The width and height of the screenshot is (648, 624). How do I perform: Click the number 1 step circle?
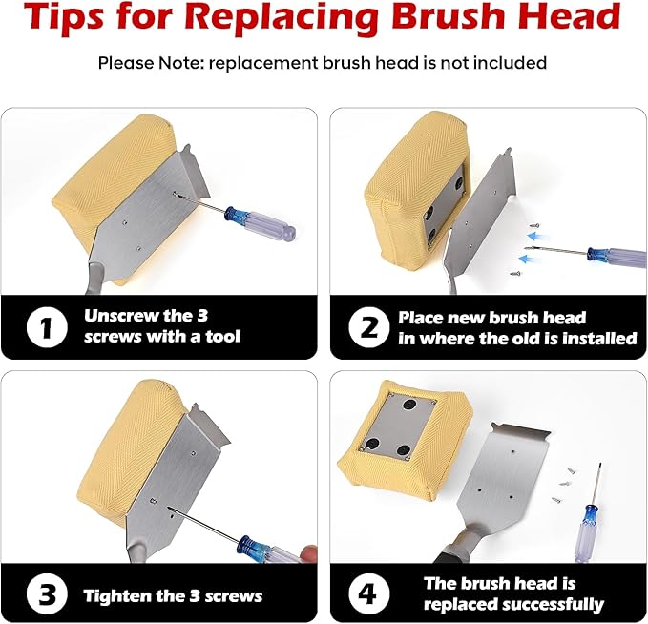[x=47, y=327]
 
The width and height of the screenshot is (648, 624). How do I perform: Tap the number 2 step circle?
[x=368, y=327]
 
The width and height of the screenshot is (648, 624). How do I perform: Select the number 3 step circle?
[x=47, y=593]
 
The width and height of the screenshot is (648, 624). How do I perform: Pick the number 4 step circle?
[x=368, y=593]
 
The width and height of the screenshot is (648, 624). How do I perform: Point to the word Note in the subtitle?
[x=179, y=63]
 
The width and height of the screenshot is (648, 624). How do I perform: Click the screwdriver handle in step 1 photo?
[x=261, y=224]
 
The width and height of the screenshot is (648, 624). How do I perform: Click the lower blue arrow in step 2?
[x=529, y=260]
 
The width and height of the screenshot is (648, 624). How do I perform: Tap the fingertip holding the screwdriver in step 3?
[x=309, y=553]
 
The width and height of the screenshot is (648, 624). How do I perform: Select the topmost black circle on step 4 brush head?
[x=410, y=405]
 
